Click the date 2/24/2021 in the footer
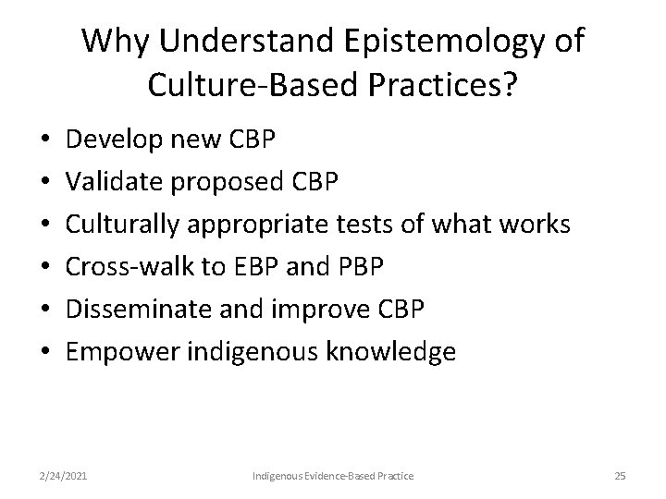[x=65, y=476]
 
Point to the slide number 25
[x=620, y=476]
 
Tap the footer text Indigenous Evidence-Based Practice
[x=333, y=476]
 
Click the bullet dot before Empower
[x=46, y=351]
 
